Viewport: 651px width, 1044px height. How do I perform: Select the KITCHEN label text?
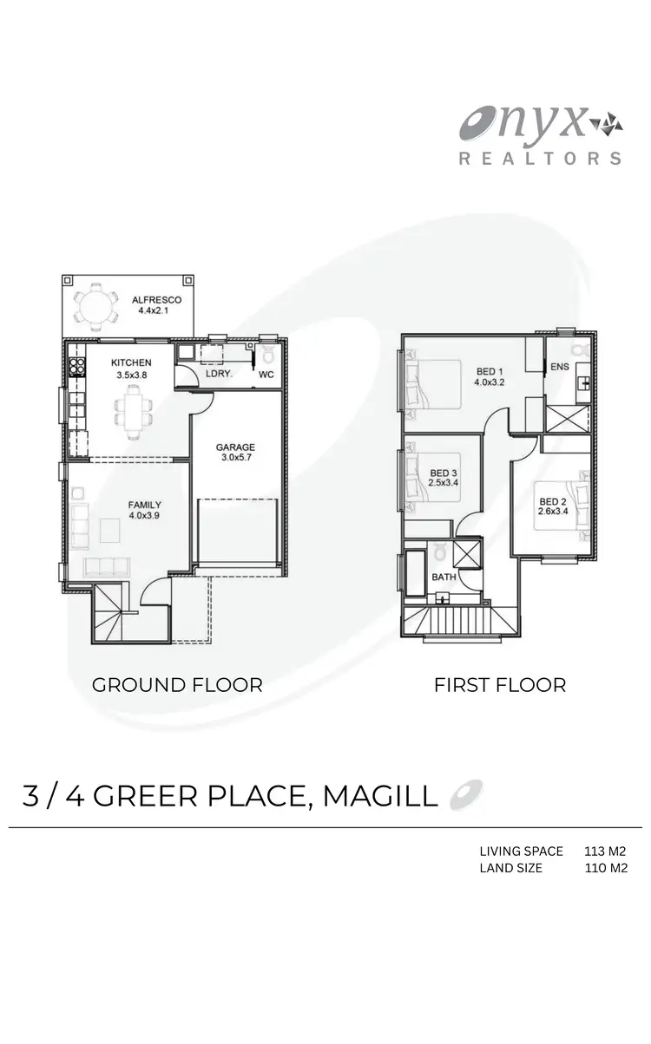tap(131, 362)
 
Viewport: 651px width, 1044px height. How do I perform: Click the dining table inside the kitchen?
tap(134, 408)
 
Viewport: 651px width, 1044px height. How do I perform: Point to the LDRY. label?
tap(218, 375)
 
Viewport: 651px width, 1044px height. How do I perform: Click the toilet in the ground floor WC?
tap(269, 354)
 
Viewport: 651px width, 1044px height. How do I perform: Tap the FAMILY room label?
tap(144, 505)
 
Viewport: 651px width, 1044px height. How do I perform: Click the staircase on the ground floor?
tap(110, 612)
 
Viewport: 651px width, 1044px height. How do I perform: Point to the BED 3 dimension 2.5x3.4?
tap(444, 484)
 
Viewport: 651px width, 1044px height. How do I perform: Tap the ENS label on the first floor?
tap(560, 367)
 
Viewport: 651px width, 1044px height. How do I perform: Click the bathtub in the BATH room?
tap(416, 573)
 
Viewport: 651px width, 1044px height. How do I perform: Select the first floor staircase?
tap(461, 621)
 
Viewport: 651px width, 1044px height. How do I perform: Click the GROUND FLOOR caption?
tap(177, 685)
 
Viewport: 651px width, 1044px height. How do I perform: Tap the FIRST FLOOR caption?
tap(500, 685)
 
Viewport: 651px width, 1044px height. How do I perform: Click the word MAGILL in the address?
tap(380, 796)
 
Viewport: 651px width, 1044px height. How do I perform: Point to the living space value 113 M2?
tap(606, 852)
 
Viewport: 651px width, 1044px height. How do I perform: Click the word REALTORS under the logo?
tap(540, 159)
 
